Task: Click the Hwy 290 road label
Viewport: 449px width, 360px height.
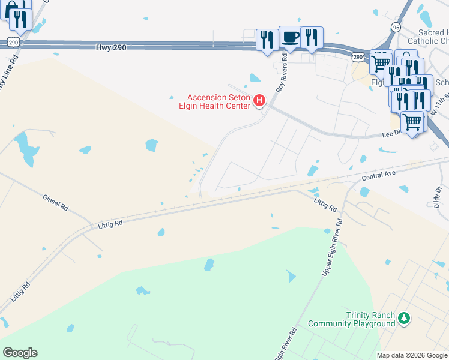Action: coord(111,47)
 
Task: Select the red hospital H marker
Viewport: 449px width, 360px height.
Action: coord(259,100)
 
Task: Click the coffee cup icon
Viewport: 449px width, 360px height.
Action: coord(290,38)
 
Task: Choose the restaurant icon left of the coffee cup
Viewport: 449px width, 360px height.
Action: coord(267,40)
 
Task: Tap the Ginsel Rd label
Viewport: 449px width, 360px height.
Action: coord(56,203)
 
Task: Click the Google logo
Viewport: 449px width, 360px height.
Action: coord(20,353)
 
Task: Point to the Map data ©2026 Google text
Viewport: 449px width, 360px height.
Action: coord(411,355)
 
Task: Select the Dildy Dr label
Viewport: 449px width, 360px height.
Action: coord(437,196)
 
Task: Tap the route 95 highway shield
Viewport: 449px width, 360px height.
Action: coord(395,27)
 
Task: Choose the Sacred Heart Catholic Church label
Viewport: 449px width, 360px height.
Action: coord(427,37)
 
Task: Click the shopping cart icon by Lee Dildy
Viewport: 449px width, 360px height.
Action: coord(412,122)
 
